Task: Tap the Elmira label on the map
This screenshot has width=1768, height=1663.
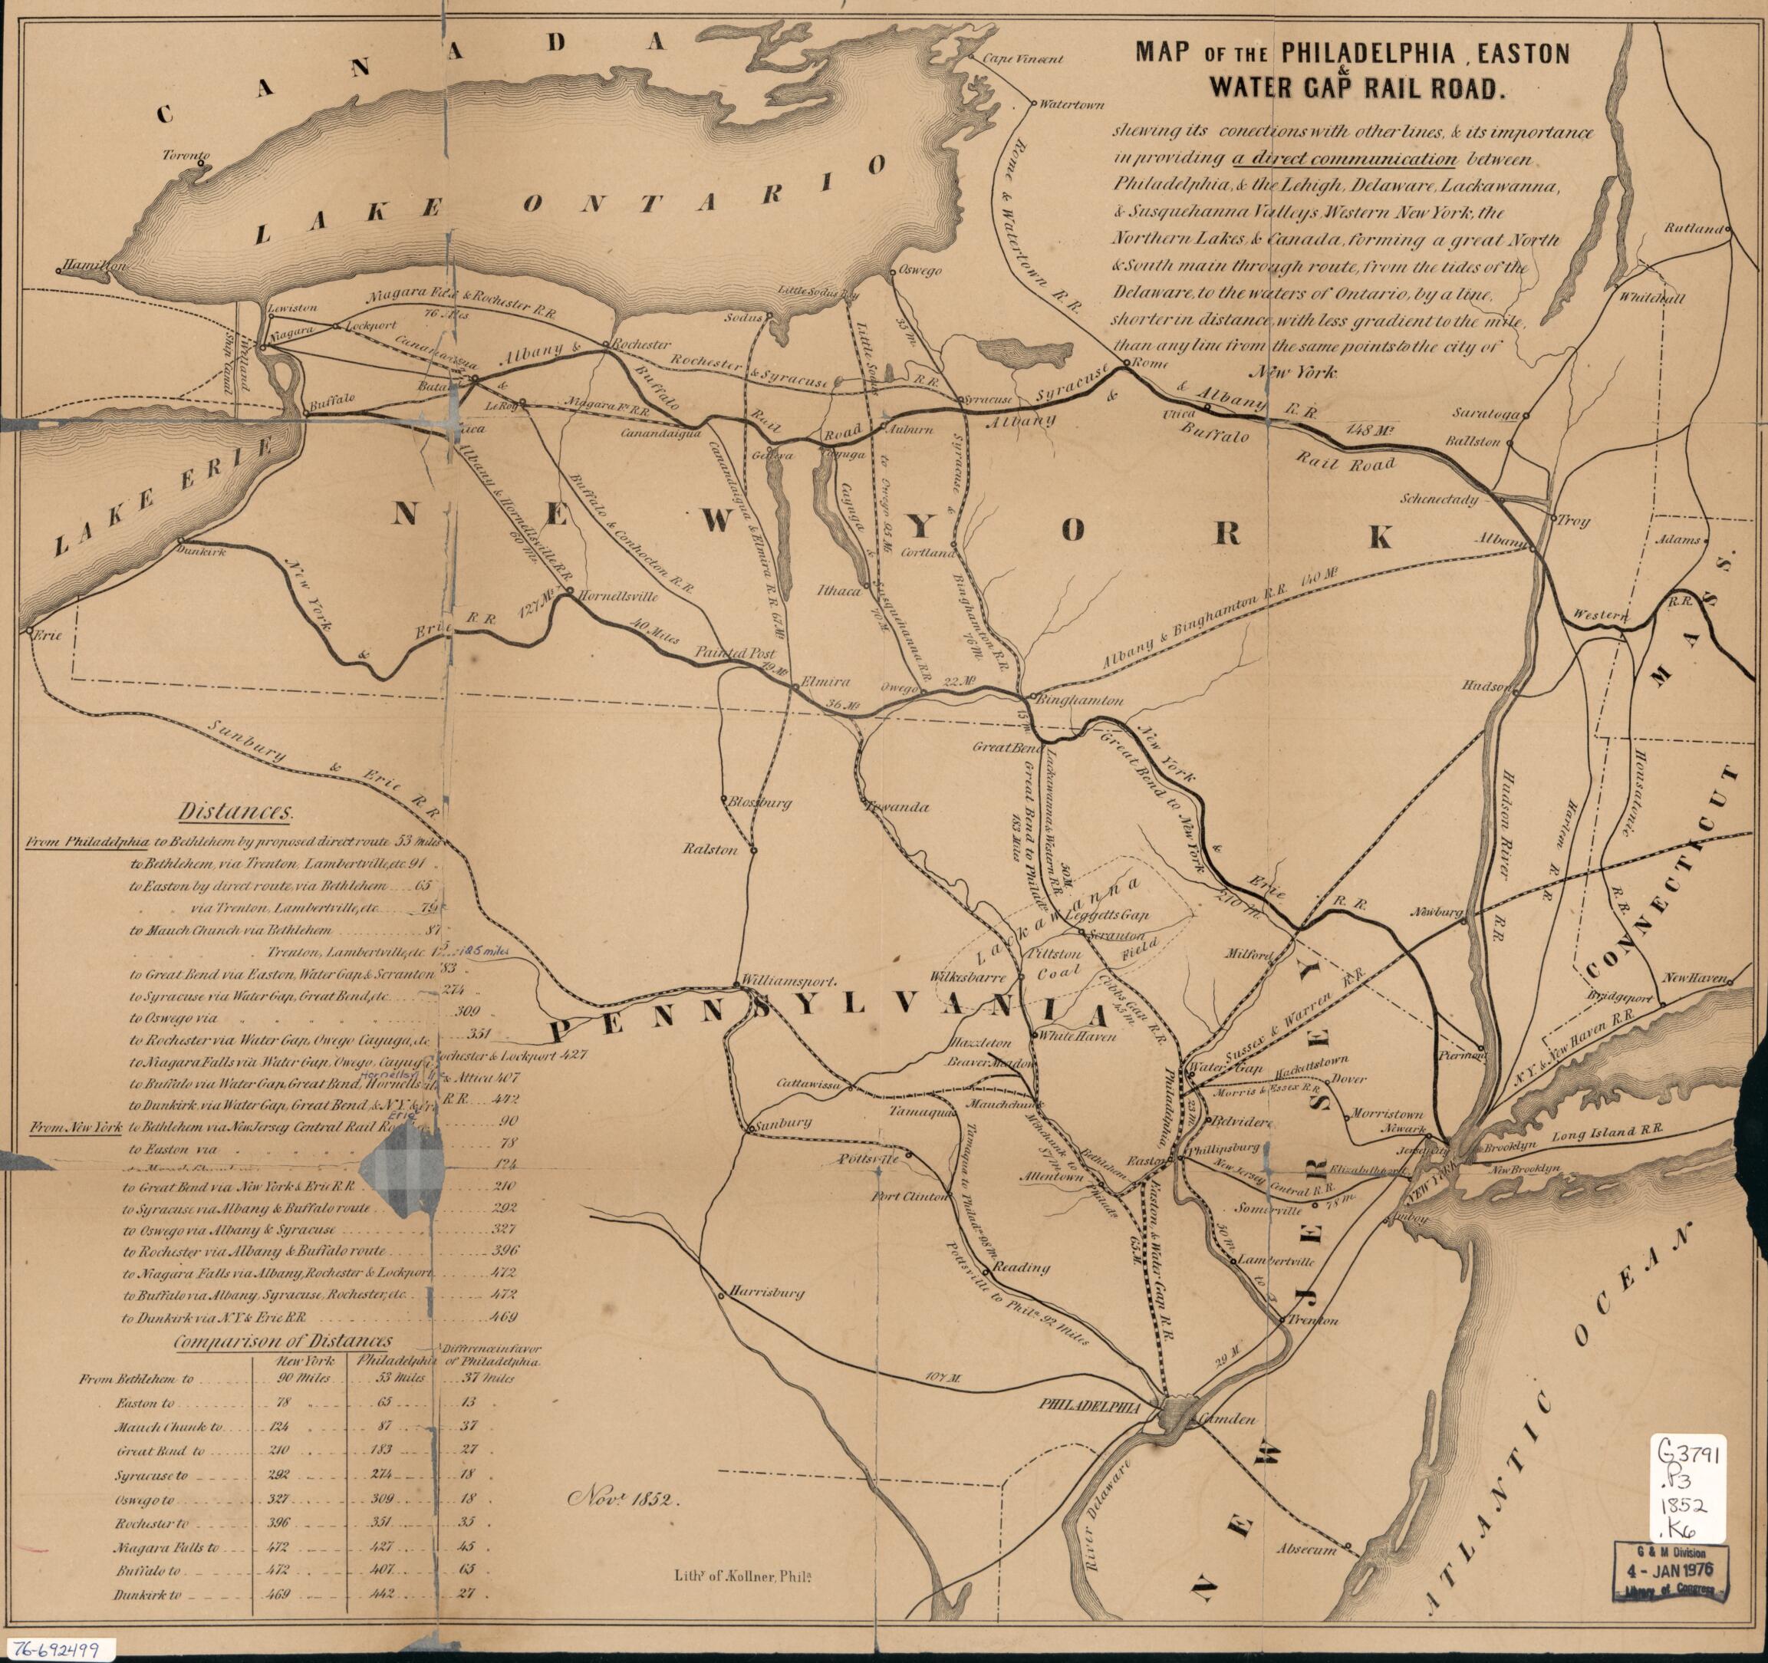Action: click(x=826, y=682)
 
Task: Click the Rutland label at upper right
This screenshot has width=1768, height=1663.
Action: click(x=1694, y=229)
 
